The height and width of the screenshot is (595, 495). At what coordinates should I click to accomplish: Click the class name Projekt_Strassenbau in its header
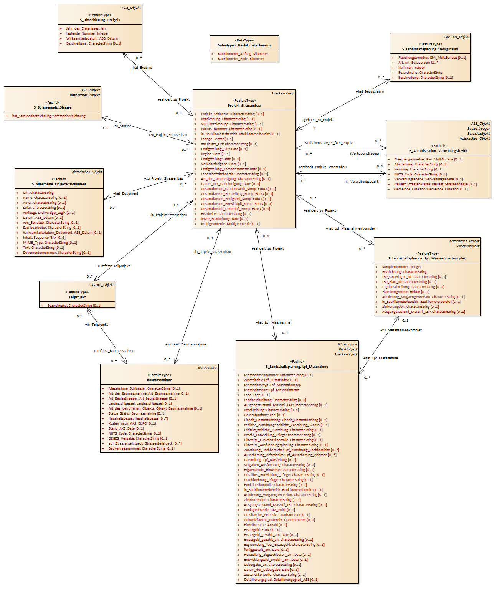[x=244, y=106]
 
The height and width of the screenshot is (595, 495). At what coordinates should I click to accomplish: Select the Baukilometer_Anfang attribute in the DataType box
[x=243, y=54]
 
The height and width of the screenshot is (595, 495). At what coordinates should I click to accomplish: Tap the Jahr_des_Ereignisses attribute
[x=86, y=28]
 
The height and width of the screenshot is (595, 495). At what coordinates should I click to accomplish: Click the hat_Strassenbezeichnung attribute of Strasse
[x=49, y=116]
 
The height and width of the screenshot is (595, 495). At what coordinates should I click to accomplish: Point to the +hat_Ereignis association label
[x=142, y=68]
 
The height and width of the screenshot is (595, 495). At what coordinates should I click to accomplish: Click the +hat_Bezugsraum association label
[x=370, y=91]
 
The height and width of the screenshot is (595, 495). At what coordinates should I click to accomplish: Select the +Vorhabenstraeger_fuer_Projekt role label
[x=328, y=143]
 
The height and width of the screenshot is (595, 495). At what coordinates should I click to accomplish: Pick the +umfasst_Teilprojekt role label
[x=114, y=266]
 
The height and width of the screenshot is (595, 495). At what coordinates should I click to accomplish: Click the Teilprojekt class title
[x=77, y=297]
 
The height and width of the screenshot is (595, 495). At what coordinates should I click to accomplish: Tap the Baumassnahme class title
[x=159, y=380]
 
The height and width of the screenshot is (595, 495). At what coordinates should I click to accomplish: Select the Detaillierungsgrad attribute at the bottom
[x=281, y=580]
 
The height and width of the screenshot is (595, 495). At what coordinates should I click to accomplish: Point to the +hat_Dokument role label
[x=125, y=193]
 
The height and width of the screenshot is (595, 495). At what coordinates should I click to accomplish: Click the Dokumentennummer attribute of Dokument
[x=56, y=253]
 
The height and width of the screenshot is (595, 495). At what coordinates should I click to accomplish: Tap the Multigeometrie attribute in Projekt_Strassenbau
[x=230, y=224]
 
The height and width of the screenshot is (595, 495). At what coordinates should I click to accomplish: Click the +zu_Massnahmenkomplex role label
[x=401, y=330]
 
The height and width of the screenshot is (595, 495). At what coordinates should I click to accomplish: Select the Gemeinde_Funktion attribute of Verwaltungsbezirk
[x=431, y=189]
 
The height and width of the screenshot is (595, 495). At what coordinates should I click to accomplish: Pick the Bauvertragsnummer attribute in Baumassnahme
[x=141, y=448]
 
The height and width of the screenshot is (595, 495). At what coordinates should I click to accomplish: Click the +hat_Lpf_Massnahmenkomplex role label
[x=350, y=228]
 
